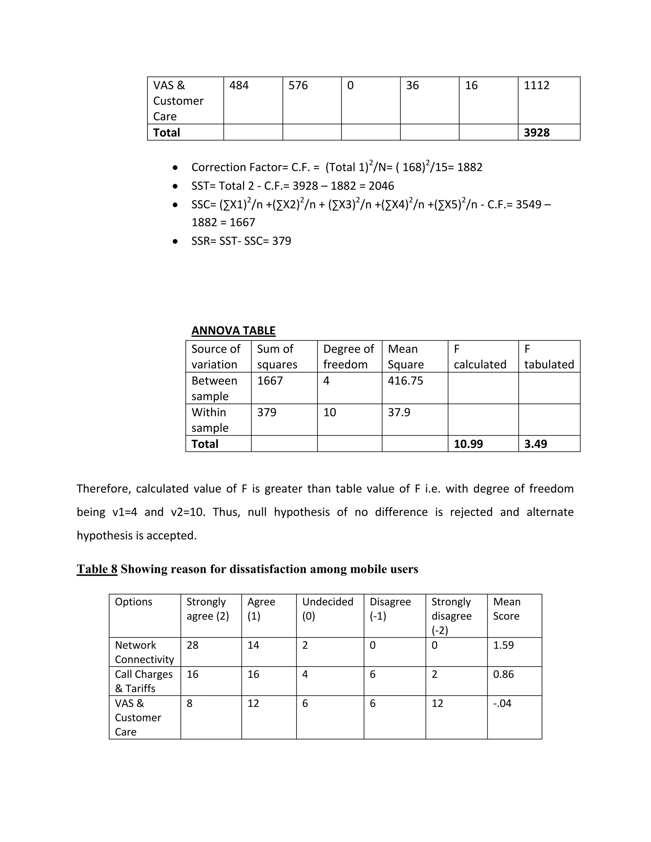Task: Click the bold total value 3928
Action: pyautogui.click(x=537, y=132)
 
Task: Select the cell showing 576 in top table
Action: pyautogui.click(x=298, y=85)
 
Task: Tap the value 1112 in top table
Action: pyautogui.click(x=537, y=85)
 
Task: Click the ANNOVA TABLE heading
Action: pyautogui.click(x=233, y=330)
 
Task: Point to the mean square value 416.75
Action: pyautogui.click(x=405, y=381)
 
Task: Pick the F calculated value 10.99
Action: pyautogui.click(x=468, y=444)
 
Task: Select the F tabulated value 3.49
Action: pyautogui.click(x=535, y=444)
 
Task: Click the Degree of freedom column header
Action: pyautogui.click(x=348, y=356)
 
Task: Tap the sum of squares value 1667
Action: pyautogui.click(x=270, y=381)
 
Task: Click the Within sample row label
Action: pyautogui.click(x=210, y=420)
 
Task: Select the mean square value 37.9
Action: pyautogui.click(x=399, y=412)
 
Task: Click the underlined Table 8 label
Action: pyautogui.click(x=97, y=569)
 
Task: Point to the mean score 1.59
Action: pyautogui.click(x=503, y=645)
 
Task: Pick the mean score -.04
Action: pyautogui.click(x=502, y=703)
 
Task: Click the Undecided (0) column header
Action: pyautogui.click(x=327, y=609)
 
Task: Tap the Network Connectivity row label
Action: pyautogui.click(x=144, y=652)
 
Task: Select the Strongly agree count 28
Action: pyautogui.click(x=192, y=645)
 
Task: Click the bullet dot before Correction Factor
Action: pyautogui.click(x=175, y=168)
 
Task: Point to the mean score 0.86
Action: pyautogui.click(x=503, y=674)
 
